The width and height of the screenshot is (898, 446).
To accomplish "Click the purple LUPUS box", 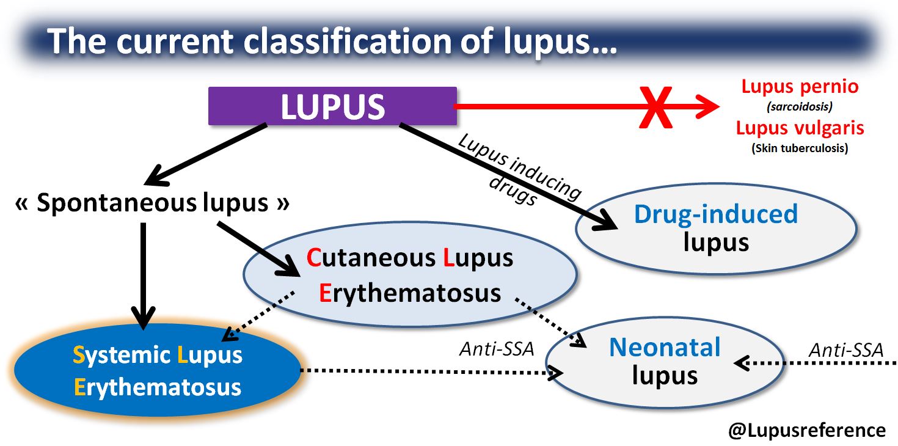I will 332,106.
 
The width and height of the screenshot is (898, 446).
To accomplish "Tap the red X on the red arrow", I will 655,108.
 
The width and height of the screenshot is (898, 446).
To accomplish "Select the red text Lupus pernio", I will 799,86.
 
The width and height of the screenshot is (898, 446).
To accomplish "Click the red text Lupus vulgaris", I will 799,128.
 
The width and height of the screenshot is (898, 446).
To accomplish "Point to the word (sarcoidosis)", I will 799,107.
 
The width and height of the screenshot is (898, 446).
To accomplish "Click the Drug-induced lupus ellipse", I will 716,228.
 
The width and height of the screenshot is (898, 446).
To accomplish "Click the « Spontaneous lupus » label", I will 152,203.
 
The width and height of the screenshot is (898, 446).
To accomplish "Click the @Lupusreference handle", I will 806,430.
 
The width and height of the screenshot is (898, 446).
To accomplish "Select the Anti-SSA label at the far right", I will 845,350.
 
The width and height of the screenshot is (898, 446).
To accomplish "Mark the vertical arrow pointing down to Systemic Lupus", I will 143,275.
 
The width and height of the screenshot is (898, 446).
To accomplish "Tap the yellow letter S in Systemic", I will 78,355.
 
